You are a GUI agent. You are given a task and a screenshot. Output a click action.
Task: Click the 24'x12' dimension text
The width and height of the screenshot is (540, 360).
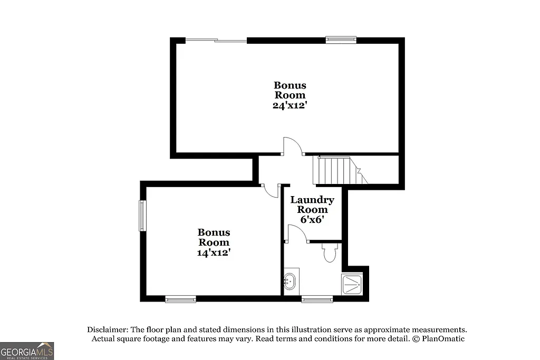(x=290, y=105)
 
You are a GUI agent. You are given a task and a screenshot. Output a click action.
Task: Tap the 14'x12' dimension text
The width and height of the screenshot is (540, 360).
(x=214, y=252)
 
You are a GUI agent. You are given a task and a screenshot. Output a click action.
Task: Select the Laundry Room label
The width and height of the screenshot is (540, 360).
(x=312, y=205)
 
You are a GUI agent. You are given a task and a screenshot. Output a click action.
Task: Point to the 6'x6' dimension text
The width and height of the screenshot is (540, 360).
(x=312, y=220)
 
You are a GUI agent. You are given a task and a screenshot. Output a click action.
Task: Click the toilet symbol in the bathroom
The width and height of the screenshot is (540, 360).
(x=330, y=253)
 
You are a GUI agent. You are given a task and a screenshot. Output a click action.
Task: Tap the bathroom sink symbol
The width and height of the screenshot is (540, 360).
(x=289, y=282)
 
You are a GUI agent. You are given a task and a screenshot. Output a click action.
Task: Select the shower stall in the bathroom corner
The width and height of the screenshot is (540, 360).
(x=352, y=284)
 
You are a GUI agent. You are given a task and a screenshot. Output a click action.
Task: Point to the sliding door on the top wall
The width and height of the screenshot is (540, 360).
(x=216, y=40)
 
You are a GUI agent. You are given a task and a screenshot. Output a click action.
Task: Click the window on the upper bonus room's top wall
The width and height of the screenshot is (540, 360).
(x=341, y=40)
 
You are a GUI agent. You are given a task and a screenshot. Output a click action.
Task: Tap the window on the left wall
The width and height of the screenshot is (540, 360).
(x=142, y=215)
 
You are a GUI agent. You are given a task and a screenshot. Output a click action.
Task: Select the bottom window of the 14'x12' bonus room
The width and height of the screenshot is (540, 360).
(x=180, y=299)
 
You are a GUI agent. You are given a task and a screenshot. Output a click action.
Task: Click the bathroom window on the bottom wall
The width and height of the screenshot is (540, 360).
(x=317, y=299)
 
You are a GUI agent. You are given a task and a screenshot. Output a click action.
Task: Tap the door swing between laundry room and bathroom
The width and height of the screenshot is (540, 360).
(x=296, y=233)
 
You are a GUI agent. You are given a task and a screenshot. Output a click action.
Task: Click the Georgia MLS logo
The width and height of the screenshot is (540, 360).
(x=27, y=351)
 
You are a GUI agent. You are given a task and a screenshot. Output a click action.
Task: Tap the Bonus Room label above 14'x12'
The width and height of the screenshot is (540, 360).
(x=214, y=237)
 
